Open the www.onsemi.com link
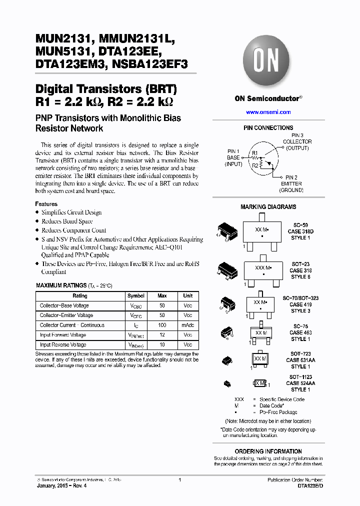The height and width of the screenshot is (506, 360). click(268, 112)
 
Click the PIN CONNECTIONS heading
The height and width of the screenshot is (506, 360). click(268, 128)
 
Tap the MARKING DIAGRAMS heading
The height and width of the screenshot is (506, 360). click(268, 207)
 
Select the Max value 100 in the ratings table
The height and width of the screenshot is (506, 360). click(162, 325)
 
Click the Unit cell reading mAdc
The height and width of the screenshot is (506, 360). click(187, 325)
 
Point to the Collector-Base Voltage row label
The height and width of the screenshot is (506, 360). click(64, 306)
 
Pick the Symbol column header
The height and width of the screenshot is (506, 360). click(136, 296)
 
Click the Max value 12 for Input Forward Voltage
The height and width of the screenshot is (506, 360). click(162, 335)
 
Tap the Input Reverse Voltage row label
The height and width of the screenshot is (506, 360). click(63, 345)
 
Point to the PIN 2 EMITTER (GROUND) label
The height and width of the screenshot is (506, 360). click(291, 184)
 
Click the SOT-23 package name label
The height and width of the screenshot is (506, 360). click(300, 264)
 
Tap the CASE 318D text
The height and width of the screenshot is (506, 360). click(300, 231)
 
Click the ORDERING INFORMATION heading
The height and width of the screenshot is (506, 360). click(268, 451)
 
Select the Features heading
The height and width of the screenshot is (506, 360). click(46, 204)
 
